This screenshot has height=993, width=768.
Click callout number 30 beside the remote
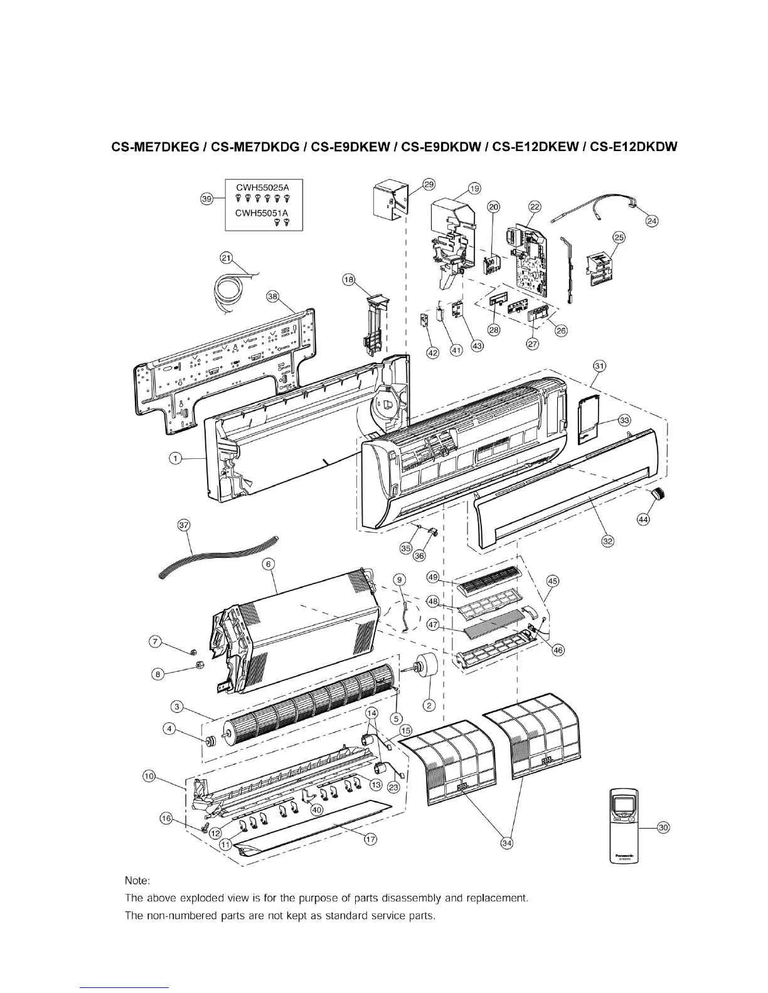663,828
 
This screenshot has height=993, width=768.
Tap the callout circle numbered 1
176,458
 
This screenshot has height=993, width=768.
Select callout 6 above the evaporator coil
269,564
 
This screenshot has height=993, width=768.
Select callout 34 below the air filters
507,844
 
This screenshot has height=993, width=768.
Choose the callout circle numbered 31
600,365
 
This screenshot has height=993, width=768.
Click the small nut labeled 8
196,666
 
